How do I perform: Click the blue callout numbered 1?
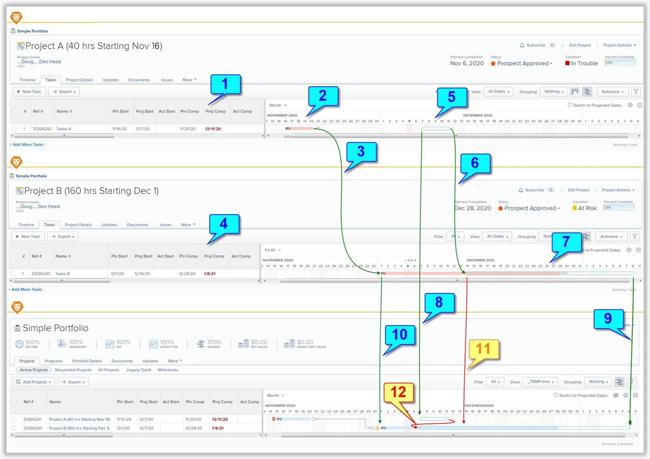tap(225, 84)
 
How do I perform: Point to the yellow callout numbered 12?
tap(398, 392)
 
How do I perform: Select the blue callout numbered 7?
tap(566, 242)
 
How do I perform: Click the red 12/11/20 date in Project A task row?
tap(213, 129)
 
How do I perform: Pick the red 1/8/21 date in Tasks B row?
tap(210, 274)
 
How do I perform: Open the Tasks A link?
tap(64, 129)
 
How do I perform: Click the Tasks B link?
tap(62, 274)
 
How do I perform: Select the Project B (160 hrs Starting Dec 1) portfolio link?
tap(79, 428)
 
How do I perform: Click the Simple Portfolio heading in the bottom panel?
tap(55, 328)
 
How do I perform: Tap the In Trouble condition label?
tap(584, 64)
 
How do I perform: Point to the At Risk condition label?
tap(587, 208)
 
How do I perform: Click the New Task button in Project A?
tap(29, 92)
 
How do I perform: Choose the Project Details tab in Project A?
tap(79, 80)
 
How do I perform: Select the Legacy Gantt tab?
tap(138, 370)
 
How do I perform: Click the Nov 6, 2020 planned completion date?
tap(467, 64)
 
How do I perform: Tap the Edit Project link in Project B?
tap(578, 190)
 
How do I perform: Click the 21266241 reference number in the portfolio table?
tap(32, 419)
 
